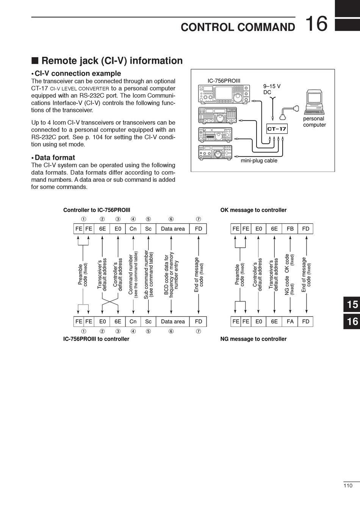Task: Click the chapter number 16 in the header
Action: (x=316, y=23)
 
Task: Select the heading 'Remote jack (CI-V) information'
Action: (x=112, y=61)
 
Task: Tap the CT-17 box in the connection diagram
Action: (x=277, y=129)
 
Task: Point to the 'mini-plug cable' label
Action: (x=259, y=161)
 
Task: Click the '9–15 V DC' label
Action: (x=272, y=89)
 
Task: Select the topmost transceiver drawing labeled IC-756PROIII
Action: (x=224, y=94)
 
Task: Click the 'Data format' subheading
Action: (x=55, y=158)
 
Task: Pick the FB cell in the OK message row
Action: (x=290, y=229)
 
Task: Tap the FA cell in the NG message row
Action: (x=290, y=322)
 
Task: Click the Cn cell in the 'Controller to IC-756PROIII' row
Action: (x=133, y=229)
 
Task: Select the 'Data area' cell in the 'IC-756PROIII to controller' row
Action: (x=173, y=322)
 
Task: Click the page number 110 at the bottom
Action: (x=348, y=486)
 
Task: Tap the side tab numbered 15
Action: (x=352, y=304)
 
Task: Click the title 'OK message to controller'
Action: (x=253, y=210)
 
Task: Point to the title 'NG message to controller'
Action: (x=253, y=339)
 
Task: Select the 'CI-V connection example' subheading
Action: (x=78, y=73)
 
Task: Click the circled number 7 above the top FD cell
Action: (x=199, y=219)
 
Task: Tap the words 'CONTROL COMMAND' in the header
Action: (x=238, y=27)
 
